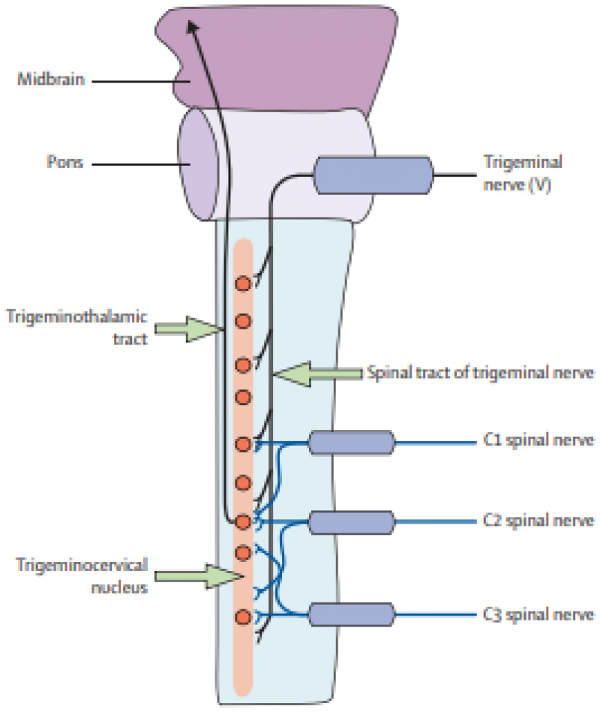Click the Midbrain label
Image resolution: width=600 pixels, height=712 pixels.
50,79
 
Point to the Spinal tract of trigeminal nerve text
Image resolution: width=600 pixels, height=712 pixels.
481,373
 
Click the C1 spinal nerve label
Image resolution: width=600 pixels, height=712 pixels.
539,440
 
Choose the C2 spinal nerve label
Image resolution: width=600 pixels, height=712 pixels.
539,520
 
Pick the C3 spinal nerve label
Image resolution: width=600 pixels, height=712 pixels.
539,615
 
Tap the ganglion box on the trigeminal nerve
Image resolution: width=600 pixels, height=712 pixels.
373,175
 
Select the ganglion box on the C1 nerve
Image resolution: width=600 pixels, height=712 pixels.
351,442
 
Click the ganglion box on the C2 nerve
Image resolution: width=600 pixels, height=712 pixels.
351,521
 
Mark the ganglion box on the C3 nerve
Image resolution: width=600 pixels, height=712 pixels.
351,615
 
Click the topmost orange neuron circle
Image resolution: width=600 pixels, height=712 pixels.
242,284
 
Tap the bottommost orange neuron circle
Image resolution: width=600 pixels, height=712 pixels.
242,617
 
